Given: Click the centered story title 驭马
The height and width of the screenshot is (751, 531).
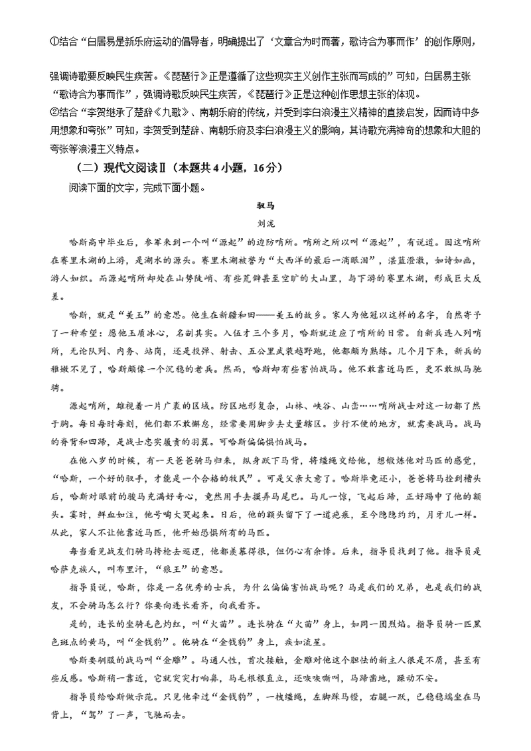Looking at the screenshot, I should [265, 206].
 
